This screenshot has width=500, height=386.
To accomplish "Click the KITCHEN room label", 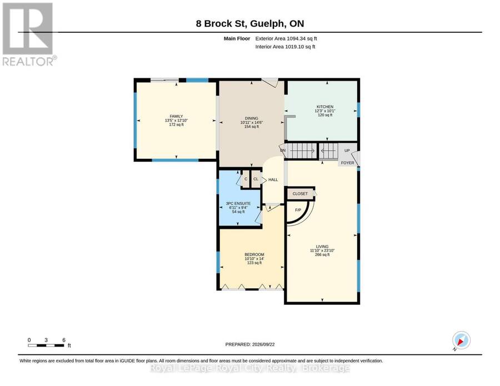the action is tap(325, 107).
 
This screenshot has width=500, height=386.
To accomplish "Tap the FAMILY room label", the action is tap(176, 116).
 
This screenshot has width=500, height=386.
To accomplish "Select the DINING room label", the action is tap(252, 118).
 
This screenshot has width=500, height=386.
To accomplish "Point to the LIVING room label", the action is tap(322, 247).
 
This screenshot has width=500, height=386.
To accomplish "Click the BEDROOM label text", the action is tap(254, 254).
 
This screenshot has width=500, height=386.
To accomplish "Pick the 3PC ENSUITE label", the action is tap(238, 203).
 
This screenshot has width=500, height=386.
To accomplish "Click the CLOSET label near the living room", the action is tap(300, 193).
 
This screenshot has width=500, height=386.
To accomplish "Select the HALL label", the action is tap(273, 180).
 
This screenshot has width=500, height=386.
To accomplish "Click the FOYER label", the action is tap(348, 163).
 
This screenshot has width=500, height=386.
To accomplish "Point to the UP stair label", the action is tap(347, 151).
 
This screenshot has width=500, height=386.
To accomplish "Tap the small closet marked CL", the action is tap(256, 179).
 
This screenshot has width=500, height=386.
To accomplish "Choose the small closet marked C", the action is tap(246, 179).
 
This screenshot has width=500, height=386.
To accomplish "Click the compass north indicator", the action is tap(461, 340).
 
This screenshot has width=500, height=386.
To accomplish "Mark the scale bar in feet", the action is tap(46, 345).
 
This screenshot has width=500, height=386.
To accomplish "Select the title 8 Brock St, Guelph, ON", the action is tap(250, 23).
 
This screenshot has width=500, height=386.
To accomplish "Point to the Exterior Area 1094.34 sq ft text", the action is tap(286, 38).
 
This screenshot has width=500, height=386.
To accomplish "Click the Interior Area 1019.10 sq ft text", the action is tap(285, 47).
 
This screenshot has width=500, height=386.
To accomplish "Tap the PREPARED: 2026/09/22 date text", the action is tap(250, 344).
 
